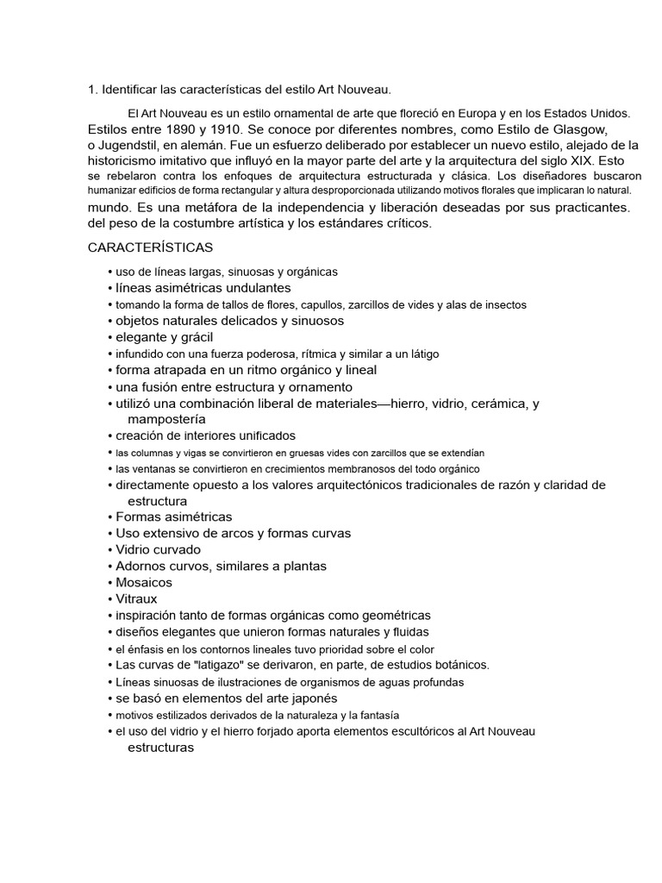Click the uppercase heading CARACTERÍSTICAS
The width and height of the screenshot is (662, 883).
coord(151,247)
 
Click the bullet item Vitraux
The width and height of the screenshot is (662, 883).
coord(137,598)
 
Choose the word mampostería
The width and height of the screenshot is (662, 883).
coord(167,419)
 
